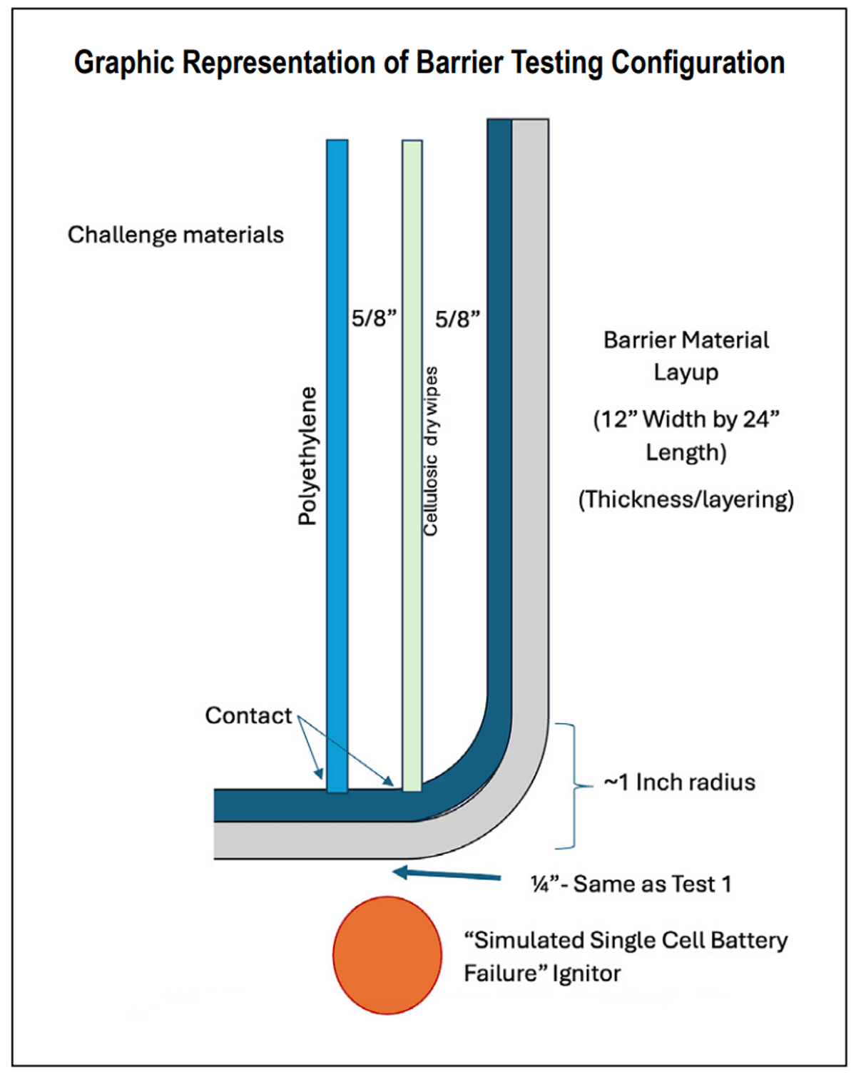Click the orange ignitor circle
(387, 955)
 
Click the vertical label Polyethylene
(307, 456)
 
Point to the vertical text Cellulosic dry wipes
(431, 451)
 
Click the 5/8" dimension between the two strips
(374, 318)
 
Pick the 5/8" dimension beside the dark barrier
(457, 318)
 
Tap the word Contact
(248, 715)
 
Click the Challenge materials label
(175, 235)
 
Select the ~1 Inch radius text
(680, 782)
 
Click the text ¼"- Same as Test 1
(631, 884)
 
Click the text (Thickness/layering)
(686, 499)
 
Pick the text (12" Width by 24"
(686, 419)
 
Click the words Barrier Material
(686, 340)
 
